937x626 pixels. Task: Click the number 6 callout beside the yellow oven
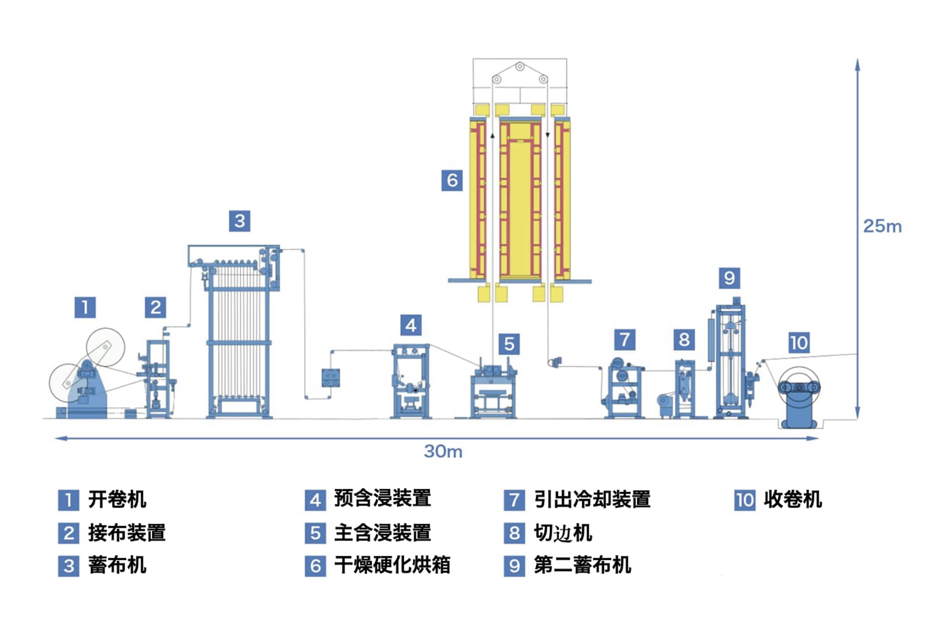452,180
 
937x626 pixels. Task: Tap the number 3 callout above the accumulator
239,221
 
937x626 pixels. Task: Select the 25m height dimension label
882,226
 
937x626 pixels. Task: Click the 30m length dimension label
443,451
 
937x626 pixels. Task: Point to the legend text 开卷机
117,499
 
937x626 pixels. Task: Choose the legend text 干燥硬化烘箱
392,565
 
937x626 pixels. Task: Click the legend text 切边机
563,533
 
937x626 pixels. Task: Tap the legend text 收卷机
792,499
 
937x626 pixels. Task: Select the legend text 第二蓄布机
582,565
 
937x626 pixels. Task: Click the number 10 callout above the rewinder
798,343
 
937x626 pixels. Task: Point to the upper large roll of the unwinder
105,348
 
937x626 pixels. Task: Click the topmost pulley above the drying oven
519,66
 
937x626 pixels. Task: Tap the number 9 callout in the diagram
729,278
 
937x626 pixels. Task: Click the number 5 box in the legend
315,533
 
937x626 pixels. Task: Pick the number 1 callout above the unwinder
85,307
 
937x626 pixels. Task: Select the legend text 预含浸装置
382,498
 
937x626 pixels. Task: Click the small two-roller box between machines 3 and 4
330,378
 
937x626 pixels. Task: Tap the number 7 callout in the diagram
624,339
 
